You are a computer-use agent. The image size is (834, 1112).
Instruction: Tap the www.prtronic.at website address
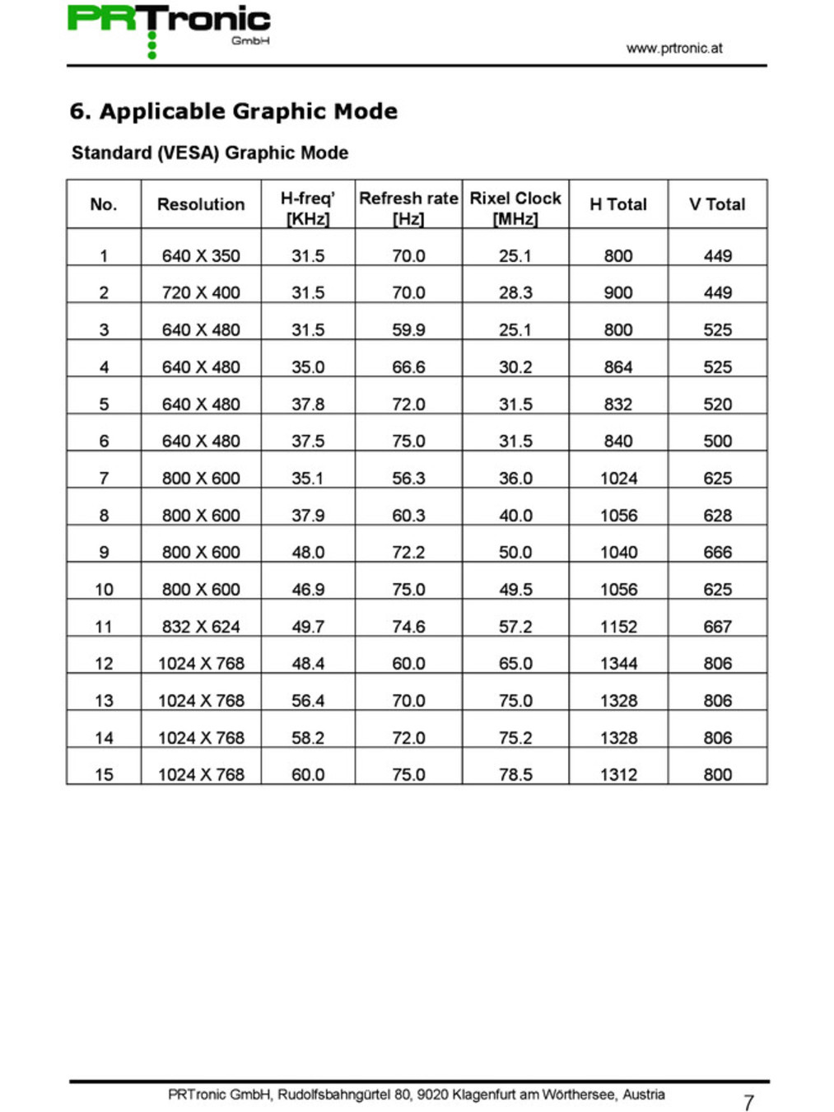pos(673,48)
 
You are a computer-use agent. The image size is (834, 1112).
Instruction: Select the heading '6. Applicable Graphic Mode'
pos(234,111)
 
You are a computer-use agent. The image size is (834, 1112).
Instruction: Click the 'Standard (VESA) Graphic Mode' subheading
pos(210,152)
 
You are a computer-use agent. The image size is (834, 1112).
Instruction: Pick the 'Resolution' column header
pos(201,204)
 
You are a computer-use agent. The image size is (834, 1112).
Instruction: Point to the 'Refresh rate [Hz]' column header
pos(408,208)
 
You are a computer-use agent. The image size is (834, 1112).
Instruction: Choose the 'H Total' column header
pos(618,204)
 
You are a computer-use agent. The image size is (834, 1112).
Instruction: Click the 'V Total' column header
pos(717,204)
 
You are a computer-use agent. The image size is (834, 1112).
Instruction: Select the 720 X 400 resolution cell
pos(201,292)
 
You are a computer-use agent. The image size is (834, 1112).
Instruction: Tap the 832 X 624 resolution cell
pos(201,626)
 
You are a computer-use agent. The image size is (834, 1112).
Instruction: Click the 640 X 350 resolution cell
pos(201,255)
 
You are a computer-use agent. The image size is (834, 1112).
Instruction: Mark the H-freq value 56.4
pos(308,700)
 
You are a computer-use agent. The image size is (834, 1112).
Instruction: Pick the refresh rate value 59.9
pos(408,329)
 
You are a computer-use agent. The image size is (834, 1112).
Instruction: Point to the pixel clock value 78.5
pos(515,774)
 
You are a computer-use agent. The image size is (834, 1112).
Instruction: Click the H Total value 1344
pos(618,663)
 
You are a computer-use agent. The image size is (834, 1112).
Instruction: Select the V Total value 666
pos(717,552)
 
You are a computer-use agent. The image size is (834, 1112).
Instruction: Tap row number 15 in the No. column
pos(104,774)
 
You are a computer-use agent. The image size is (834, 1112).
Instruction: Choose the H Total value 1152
pos(618,626)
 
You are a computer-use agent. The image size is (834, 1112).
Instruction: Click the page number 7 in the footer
pos(748,1102)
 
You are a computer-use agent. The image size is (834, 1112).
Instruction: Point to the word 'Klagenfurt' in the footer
pos(483,1095)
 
